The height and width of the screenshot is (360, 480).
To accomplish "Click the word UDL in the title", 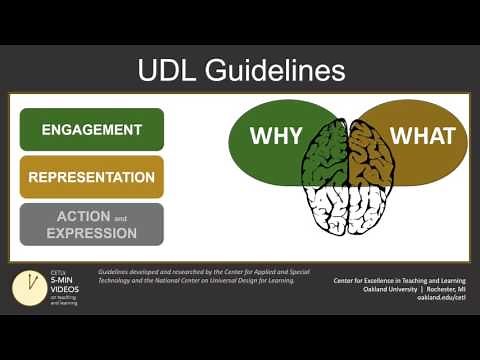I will click(168, 70).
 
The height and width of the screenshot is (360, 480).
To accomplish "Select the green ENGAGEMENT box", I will click(91, 130).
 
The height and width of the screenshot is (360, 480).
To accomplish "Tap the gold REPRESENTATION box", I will click(91, 177).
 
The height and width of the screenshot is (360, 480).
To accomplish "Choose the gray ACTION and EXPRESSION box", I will click(91, 224).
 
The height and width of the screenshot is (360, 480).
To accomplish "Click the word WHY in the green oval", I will click(275, 137).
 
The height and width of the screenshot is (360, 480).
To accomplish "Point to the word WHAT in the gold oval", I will click(422, 137).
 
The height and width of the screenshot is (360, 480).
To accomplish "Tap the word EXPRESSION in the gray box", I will click(91, 233).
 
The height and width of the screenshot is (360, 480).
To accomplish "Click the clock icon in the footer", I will click(27, 288).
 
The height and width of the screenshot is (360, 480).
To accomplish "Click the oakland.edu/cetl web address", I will click(441, 298).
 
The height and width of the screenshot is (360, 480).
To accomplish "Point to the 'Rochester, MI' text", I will click(444, 289).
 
